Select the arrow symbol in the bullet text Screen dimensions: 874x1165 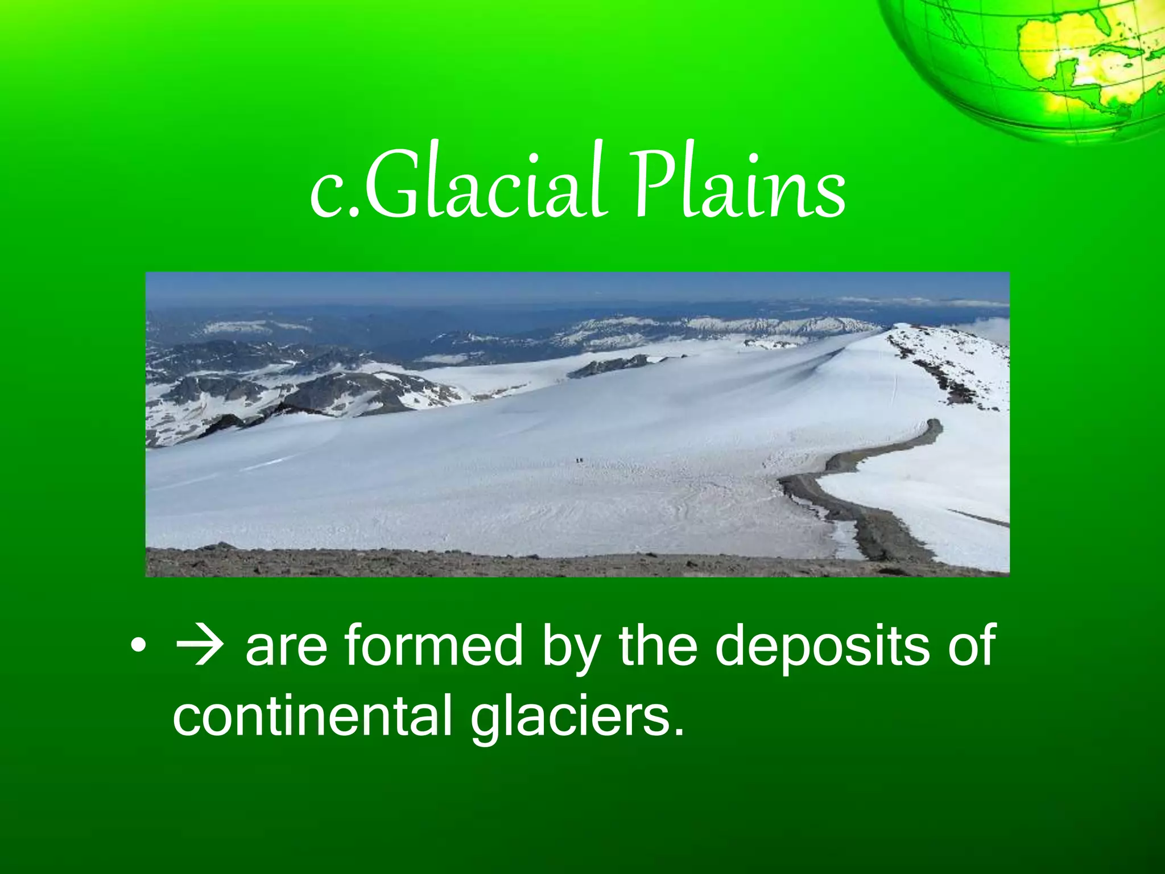[x=199, y=646]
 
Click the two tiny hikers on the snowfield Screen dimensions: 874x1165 [x=579, y=460]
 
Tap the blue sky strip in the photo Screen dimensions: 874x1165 [x=569, y=287]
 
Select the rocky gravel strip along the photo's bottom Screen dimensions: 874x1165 [x=512, y=563]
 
